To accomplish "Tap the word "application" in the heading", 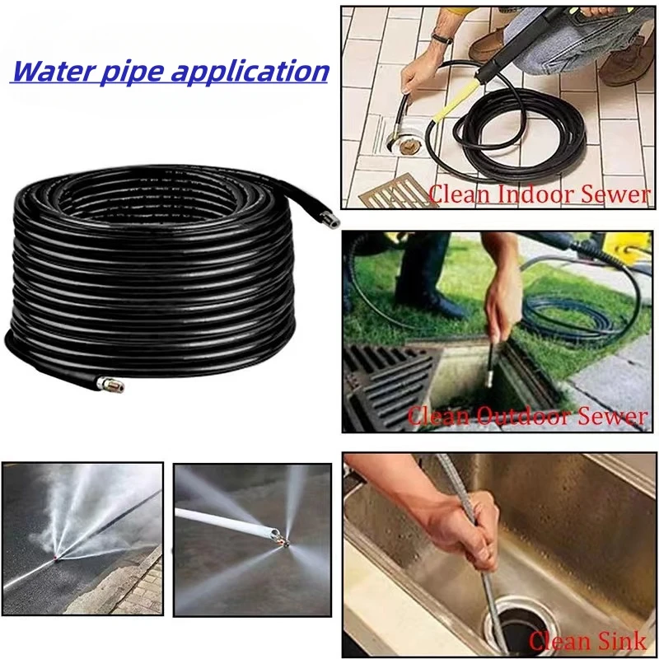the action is point(250,72).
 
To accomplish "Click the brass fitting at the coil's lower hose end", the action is point(110,385).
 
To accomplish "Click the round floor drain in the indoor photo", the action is point(404,141).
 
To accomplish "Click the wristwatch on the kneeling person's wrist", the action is point(442,39).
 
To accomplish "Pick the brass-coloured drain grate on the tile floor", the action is point(395,193).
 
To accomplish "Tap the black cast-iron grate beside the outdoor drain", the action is point(386,386).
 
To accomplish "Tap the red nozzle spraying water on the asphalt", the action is point(55,558).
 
